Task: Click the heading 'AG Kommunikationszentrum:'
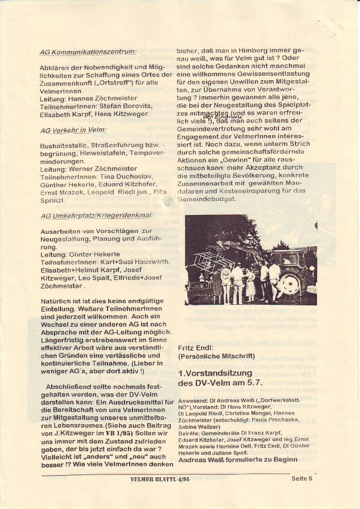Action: (x=88, y=52)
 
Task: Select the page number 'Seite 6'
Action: (x=302, y=478)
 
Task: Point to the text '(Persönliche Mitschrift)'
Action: (x=216, y=356)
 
